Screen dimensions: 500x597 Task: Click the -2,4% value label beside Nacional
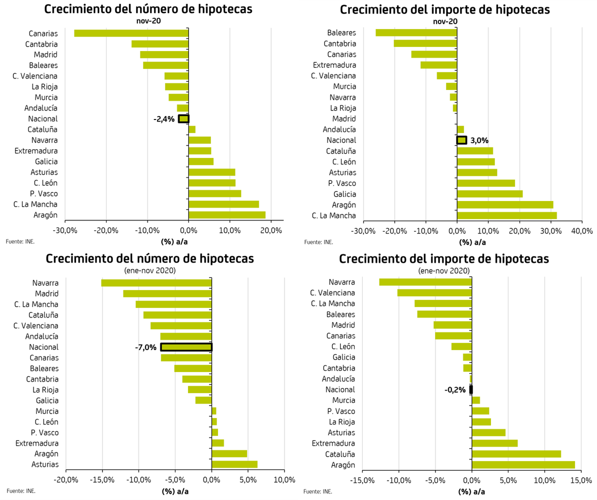click(164, 119)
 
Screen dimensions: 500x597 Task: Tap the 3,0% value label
click(479, 140)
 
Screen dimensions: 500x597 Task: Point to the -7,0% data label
click(146, 347)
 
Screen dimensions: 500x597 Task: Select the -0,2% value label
click(455, 389)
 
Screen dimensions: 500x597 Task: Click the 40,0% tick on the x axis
click(582, 231)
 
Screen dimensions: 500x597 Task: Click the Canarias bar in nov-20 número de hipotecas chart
click(131, 33)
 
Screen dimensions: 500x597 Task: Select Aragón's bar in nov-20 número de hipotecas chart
click(227, 215)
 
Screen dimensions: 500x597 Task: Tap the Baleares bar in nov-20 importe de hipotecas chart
click(416, 32)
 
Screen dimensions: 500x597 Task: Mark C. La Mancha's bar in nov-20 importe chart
click(506, 215)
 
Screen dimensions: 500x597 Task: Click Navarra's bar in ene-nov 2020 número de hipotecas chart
click(156, 283)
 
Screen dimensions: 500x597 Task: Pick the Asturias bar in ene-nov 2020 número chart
click(234, 464)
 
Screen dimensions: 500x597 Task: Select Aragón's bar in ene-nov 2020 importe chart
click(523, 465)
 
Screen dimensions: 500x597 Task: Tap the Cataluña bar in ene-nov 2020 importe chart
click(516, 454)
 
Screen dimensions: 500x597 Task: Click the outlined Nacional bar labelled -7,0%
click(186, 347)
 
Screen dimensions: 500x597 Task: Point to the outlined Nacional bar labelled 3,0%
click(461, 140)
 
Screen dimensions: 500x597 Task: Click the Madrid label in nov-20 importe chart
click(344, 118)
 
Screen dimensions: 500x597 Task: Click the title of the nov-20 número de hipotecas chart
click(148, 9)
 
